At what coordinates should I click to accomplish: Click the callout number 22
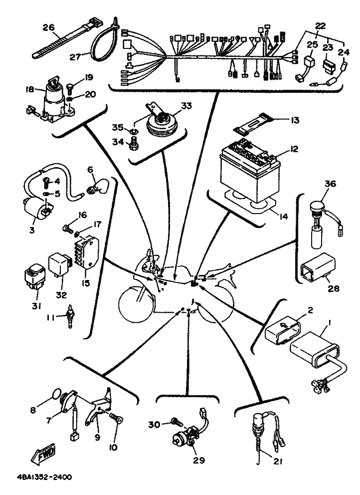320,26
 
